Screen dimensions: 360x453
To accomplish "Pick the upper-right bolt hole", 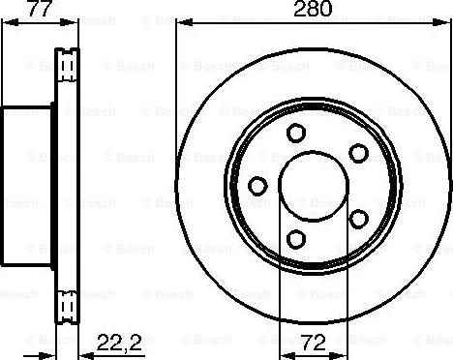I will [358, 152].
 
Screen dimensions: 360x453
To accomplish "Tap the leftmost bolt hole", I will [257, 185].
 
